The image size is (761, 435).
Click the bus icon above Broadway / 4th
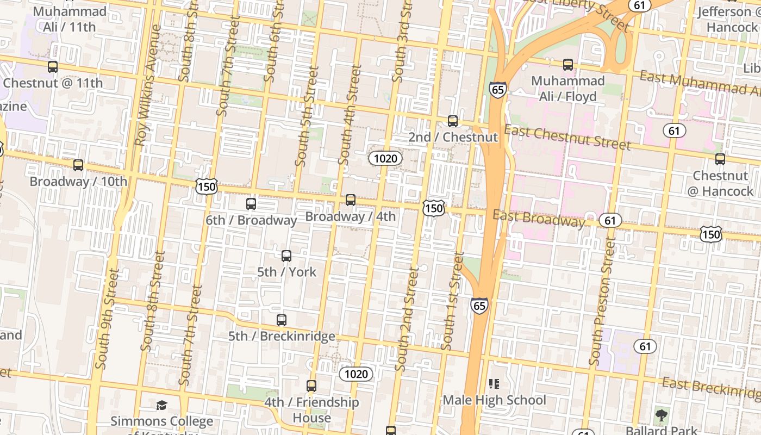351,200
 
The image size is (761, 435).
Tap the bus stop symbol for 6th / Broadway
251,204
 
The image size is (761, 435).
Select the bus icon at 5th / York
286,256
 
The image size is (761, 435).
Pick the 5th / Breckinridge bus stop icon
282,320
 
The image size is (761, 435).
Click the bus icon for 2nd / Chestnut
453,121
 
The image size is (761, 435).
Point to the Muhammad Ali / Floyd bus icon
568,65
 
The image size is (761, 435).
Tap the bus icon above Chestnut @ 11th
53,67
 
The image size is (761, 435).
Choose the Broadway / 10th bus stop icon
78,165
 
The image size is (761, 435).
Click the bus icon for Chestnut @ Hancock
720,159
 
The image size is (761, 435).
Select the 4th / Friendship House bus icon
311,386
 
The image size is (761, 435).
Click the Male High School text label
494,400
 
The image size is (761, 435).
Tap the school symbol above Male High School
494,384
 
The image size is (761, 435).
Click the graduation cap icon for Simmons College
161,405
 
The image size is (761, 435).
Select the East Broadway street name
539,218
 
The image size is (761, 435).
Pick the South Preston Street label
603,302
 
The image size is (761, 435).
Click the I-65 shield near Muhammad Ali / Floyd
497,89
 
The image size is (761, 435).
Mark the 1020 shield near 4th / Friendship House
356,374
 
